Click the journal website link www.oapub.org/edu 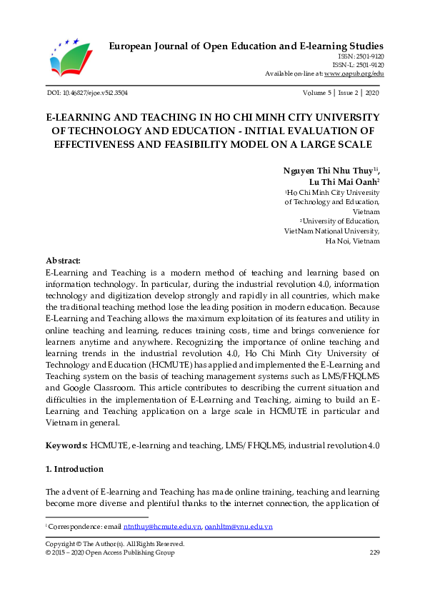pyautogui.click(x=354, y=74)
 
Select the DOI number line pyautogui.click(x=86, y=93)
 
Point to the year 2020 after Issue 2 pyautogui.click(x=372, y=93)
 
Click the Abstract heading pyautogui.click(x=63, y=261)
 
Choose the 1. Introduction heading pyautogui.click(x=74, y=469)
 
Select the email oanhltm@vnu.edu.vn pyautogui.click(x=239, y=527)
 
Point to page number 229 pyautogui.click(x=374, y=552)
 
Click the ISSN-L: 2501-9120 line pyautogui.click(x=358, y=65)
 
